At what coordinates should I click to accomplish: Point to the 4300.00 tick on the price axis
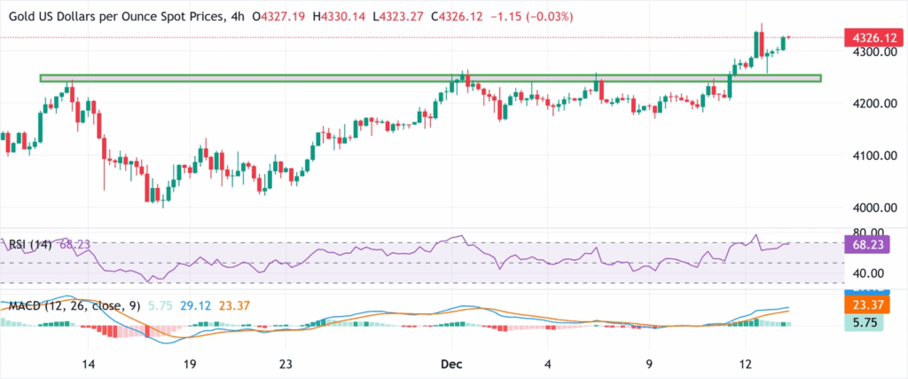pyautogui.click(x=873, y=52)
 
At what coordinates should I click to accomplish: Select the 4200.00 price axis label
pyautogui.click(x=873, y=104)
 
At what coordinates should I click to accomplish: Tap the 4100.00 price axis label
pyautogui.click(x=873, y=156)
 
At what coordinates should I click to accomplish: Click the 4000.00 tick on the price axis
pyautogui.click(x=873, y=208)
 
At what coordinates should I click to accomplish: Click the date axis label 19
pyautogui.click(x=188, y=364)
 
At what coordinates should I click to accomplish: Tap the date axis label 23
pyautogui.click(x=285, y=364)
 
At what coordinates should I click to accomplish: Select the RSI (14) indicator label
pyautogui.click(x=30, y=242)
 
